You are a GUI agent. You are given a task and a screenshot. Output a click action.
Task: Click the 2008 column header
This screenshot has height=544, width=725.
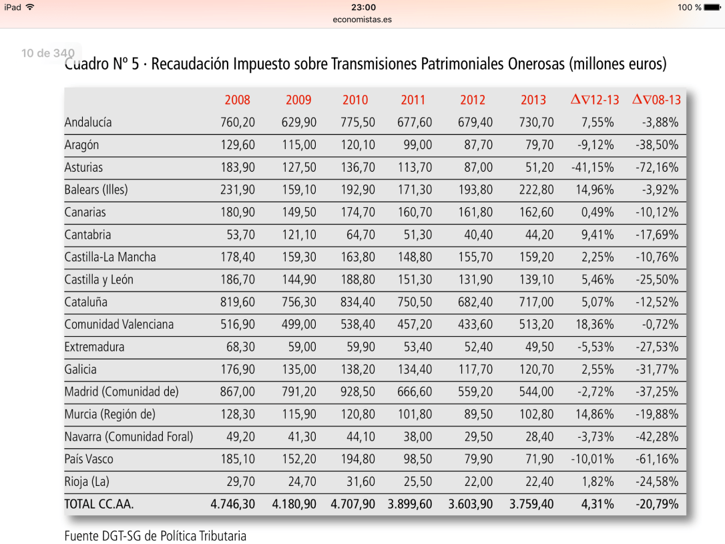click(x=237, y=100)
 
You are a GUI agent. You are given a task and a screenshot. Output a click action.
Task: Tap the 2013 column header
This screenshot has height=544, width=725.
click(x=533, y=100)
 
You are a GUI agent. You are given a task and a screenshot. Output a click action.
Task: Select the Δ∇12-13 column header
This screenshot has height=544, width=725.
click(x=595, y=100)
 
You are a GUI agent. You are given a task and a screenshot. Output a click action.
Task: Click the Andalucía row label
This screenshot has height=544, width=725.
click(x=88, y=122)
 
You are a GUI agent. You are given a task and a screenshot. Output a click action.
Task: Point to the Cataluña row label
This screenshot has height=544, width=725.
click(x=85, y=302)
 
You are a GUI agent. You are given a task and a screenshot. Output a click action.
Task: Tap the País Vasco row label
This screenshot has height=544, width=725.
click(x=89, y=459)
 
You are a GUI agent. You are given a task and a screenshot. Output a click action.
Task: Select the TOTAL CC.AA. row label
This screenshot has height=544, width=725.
click(x=99, y=505)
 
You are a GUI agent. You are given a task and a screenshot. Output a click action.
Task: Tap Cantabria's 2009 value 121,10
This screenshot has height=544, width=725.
click(x=298, y=235)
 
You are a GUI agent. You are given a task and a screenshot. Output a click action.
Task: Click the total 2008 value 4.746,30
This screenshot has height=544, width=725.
click(x=232, y=505)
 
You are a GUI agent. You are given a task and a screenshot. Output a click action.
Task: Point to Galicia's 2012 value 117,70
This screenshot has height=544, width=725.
click(x=476, y=369)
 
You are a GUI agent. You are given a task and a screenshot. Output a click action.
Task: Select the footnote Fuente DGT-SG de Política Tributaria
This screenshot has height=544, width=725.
click(x=155, y=535)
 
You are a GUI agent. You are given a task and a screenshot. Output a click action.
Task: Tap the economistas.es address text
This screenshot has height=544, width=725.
click(x=362, y=19)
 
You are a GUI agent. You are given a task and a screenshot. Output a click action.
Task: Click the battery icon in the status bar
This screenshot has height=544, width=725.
click(x=713, y=7)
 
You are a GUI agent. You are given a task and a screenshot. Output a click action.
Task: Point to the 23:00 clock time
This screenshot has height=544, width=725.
click(x=362, y=7)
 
